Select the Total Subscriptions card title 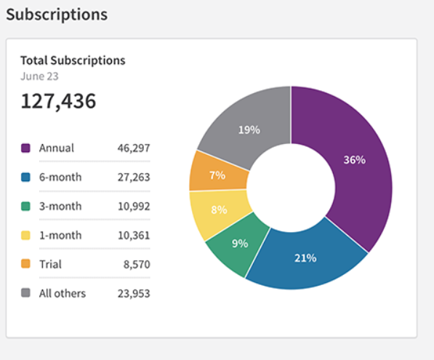[x=73, y=60]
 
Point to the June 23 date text [x=40, y=76]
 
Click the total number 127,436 [x=58, y=101]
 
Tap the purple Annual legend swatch [x=25, y=148]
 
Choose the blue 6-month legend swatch [x=25, y=177]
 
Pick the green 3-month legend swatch [x=25, y=207]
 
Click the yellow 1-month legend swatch [x=25, y=236]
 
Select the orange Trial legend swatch [x=25, y=265]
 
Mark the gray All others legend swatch [x=25, y=294]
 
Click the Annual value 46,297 [x=134, y=148]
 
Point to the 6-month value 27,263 [x=134, y=177]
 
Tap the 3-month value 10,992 [x=134, y=207]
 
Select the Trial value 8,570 [x=137, y=265]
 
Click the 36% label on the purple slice [x=354, y=160]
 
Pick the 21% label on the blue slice [x=305, y=258]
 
